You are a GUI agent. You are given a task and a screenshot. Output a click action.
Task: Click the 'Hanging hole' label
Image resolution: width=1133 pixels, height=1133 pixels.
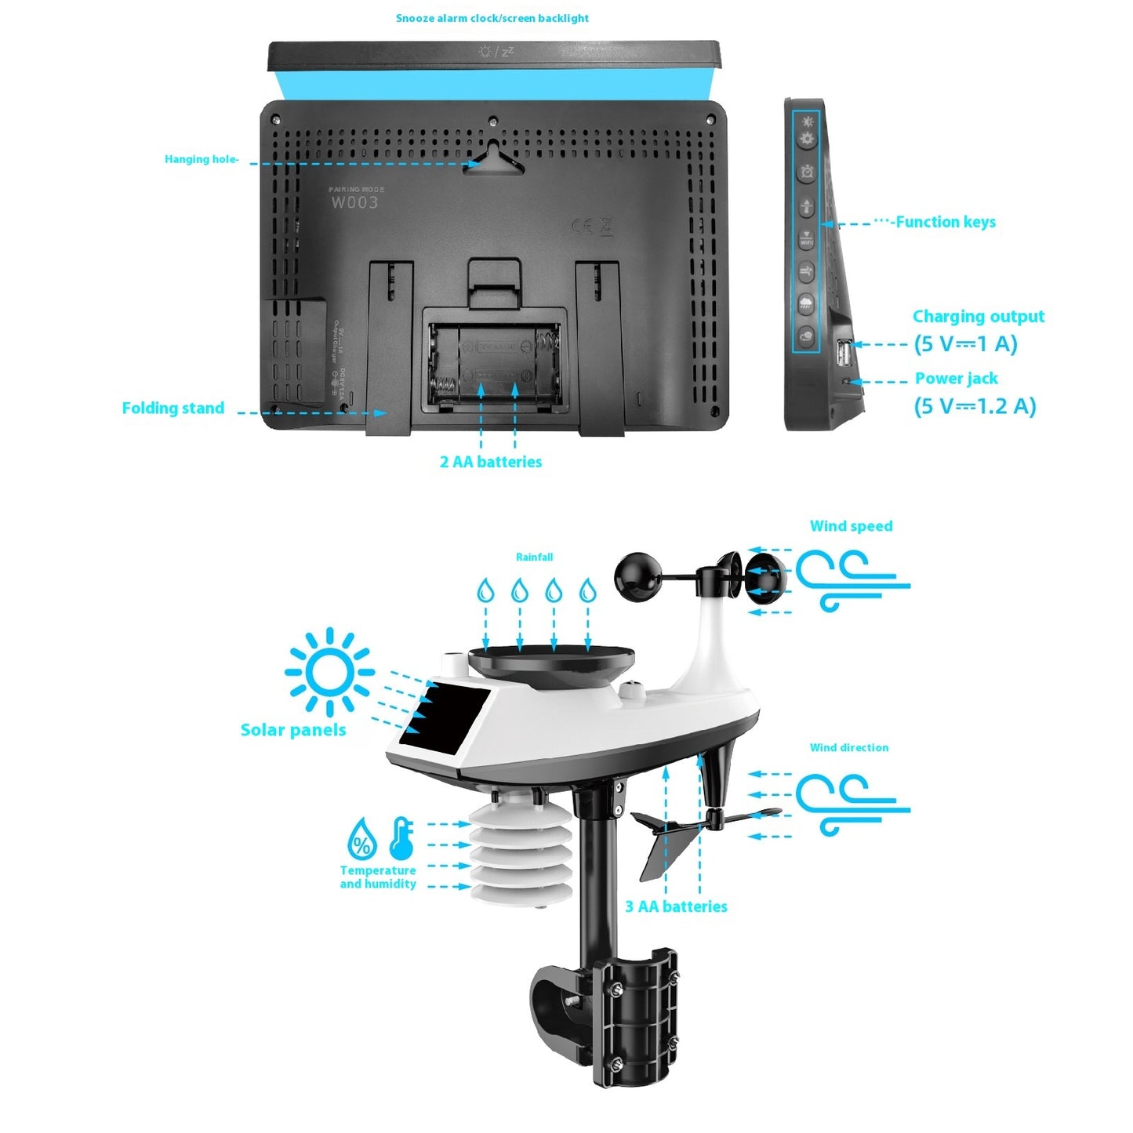pos(202,159)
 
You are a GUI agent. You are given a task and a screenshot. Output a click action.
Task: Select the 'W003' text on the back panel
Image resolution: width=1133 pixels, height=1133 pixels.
pos(354,202)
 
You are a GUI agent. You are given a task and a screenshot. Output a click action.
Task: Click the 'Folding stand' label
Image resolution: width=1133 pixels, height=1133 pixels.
pos(173,408)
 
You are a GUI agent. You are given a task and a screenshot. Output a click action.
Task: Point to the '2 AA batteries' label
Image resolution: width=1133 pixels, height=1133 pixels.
pos(491,462)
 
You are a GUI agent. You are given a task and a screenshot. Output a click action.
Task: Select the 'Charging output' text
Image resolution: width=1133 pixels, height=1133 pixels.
pos(979,317)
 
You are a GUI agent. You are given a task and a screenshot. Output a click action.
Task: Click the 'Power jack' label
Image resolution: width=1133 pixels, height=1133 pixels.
pos(957,379)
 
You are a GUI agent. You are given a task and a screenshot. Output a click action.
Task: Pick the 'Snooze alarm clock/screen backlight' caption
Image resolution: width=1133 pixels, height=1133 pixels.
pos(492,18)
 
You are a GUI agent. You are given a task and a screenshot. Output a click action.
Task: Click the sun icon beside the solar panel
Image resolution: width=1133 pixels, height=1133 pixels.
pos(329,672)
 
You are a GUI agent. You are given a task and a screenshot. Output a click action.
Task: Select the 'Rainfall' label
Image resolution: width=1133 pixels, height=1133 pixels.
pos(534,557)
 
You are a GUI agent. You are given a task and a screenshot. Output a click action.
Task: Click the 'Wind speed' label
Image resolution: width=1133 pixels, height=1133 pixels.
pos(851,526)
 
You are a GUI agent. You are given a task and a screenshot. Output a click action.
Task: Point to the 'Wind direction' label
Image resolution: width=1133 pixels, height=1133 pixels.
pos(849,748)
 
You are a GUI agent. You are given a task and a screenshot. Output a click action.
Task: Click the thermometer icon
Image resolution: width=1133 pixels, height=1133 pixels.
pos(401,838)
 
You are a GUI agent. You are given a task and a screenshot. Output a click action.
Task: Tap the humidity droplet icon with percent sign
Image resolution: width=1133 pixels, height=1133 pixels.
pos(361,841)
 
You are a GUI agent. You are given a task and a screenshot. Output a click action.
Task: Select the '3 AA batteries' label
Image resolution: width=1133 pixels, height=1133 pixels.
pos(676,906)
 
